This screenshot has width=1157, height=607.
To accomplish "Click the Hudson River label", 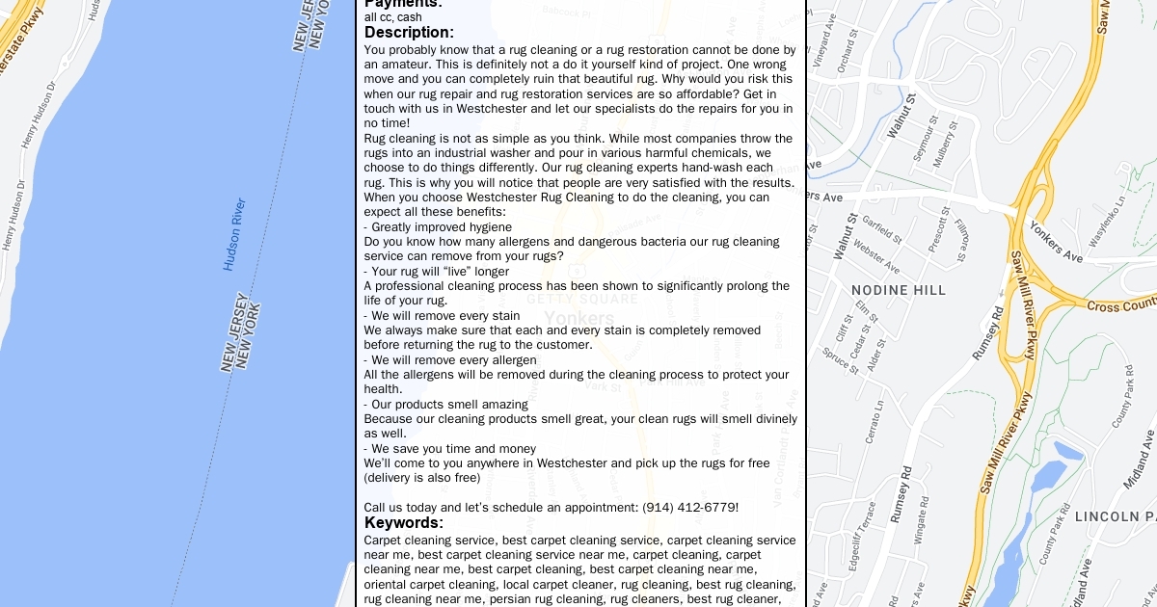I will [x=234, y=234].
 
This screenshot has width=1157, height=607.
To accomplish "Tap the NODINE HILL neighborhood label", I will [x=899, y=290].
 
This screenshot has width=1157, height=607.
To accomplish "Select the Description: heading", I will [x=409, y=33].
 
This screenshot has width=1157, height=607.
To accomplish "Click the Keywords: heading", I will [x=403, y=523].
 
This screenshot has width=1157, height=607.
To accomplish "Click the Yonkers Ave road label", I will [x=1056, y=242].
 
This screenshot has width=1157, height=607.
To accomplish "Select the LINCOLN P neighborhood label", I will [x=1115, y=517].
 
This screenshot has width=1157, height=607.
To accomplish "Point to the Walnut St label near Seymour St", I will [x=900, y=114].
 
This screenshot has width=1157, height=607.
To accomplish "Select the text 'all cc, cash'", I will [x=392, y=17].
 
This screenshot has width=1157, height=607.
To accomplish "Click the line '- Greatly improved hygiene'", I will [x=438, y=227].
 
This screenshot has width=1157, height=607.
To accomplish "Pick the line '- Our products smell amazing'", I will [x=445, y=405].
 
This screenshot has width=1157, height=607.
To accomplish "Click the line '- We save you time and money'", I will [x=449, y=449].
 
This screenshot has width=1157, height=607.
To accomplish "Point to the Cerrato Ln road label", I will [x=874, y=421].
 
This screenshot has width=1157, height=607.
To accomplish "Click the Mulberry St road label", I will [x=948, y=140].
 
